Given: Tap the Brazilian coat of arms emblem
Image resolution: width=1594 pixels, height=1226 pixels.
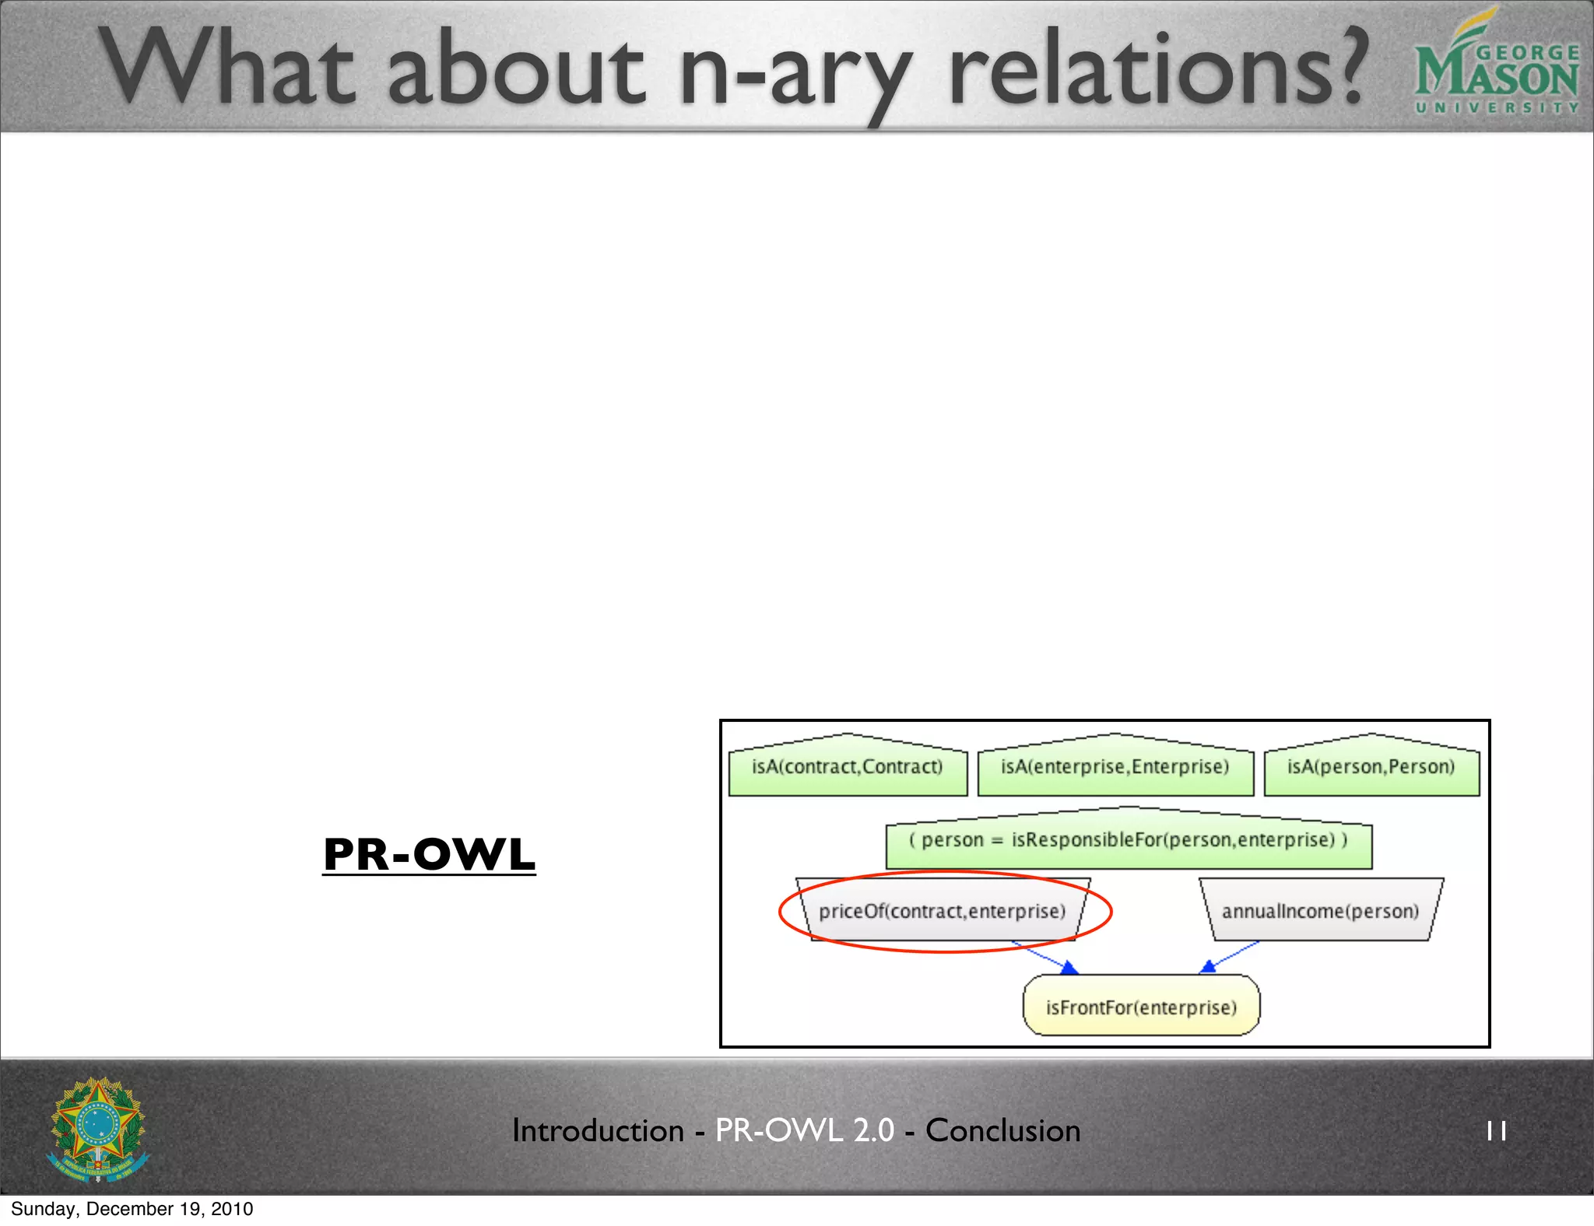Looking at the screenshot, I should point(98,1129).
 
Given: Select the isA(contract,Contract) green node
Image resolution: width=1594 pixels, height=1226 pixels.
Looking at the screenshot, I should point(848,768).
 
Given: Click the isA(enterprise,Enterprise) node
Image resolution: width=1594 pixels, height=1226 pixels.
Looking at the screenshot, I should point(1115,768).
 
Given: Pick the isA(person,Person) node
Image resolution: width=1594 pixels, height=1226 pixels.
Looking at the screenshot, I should point(1371,768).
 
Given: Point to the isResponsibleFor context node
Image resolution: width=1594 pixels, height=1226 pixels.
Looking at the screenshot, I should point(1128,841).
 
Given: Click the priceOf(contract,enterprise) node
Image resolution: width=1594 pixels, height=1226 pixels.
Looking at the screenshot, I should point(942,911).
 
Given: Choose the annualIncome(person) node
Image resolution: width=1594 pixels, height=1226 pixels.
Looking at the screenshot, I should point(1320,911).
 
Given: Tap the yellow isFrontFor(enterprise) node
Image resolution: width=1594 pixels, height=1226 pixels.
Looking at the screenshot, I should point(1141,1007).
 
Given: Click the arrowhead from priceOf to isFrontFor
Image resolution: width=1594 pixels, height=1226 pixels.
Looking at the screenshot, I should point(1070,968).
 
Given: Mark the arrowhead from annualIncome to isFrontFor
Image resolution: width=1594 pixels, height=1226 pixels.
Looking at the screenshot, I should point(1208,967).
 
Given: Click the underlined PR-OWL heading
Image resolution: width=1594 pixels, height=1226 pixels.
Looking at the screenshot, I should point(429,855).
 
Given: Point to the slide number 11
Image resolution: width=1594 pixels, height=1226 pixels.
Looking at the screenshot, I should point(1496,1131).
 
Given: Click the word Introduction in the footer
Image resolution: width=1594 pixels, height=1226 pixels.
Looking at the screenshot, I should point(598,1131).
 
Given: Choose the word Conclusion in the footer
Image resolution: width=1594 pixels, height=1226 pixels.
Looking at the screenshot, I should point(1002,1131).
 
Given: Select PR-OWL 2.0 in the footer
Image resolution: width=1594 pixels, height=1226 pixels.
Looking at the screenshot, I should point(804,1131).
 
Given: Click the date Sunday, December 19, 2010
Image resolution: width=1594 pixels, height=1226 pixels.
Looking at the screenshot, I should point(132,1209).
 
